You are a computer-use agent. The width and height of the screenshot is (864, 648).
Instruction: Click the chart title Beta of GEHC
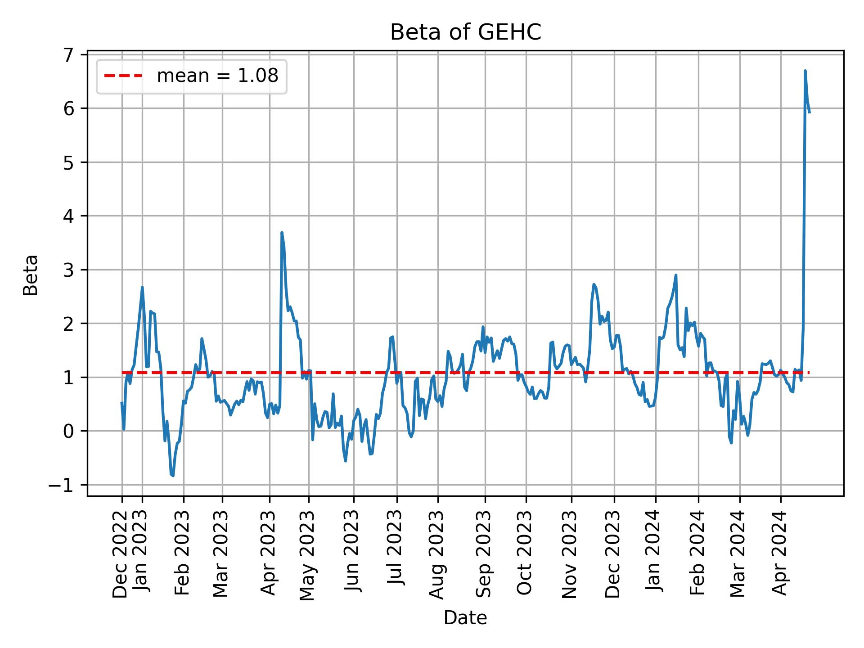(x=465, y=32)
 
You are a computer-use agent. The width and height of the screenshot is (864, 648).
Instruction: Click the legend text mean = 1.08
(x=217, y=76)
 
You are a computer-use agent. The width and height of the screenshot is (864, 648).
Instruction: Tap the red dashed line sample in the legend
(x=123, y=76)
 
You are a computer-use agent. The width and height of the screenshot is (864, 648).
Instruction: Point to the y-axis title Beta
(x=31, y=275)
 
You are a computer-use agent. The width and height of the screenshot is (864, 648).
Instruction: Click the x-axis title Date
(x=465, y=618)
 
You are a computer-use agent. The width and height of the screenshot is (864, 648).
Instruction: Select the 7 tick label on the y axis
(x=68, y=55)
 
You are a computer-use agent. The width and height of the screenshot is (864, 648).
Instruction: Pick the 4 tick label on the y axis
(x=68, y=216)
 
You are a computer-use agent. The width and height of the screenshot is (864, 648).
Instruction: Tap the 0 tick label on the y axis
(x=68, y=432)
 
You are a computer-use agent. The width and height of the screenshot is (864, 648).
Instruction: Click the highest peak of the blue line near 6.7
(x=805, y=71)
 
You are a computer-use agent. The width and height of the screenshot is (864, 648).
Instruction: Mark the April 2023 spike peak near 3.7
(x=282, y=233)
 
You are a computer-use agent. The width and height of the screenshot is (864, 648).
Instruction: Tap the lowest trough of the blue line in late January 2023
(x=173, y=476)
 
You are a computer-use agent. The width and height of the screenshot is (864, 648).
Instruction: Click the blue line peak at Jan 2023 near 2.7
(x=142, y=287)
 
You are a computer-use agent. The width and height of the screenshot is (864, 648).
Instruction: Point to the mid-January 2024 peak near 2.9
(x=676, y=275)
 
